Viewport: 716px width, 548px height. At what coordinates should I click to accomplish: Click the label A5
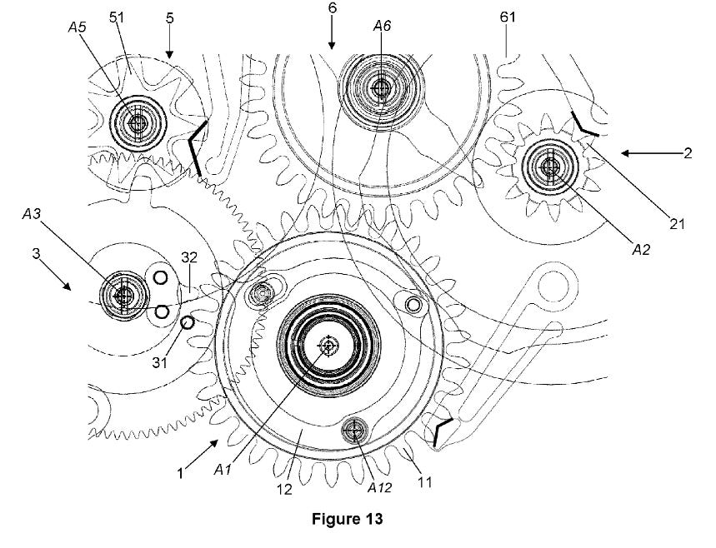(x=77, y=27)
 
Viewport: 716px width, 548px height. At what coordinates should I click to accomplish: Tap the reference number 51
(x=117, y=17)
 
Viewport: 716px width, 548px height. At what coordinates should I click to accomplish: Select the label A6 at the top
(x=382, y=26)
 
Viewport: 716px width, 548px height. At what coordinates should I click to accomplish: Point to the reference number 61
(x=508, y=17)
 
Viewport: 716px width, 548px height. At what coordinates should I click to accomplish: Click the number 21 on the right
(x=677, y=223)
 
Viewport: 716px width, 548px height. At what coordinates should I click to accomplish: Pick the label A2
(x=641, y=249)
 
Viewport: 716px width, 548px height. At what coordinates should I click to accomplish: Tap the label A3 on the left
(x=32, y=213)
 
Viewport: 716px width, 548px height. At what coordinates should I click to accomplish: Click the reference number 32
(x=189, y=257)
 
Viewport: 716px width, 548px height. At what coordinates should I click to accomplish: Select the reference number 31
(x=159, y=362)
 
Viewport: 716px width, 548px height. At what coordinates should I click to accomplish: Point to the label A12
(x=379, y=487)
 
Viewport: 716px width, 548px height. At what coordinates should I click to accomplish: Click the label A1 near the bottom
(x=223, y=470)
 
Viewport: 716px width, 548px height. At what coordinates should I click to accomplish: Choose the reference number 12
(x=284, y=490)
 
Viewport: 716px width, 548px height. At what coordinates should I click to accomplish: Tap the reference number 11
(x=424, y=482)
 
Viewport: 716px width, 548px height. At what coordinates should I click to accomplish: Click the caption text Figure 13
(x=347, y=519)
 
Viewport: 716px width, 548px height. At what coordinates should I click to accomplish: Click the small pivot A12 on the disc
(x=354, y=429)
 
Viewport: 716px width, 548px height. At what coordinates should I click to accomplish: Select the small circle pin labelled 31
(x=188, y=322)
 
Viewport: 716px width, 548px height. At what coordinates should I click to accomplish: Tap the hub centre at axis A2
(x=550, y=167)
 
